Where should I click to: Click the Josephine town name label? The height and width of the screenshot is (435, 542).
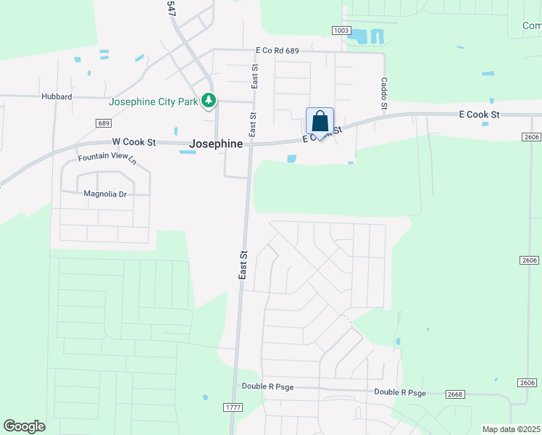pos(216,144)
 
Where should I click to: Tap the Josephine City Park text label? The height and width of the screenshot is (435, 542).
pos(153,101)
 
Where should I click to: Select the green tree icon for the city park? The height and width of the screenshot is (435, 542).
pos(209,100)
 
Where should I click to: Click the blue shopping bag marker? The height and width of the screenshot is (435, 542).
pos(320,121)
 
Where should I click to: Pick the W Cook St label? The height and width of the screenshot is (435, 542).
pos(134,143)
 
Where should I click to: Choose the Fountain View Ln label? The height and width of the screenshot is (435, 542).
pos(107,158)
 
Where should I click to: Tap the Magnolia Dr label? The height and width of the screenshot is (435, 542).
pos(105,194)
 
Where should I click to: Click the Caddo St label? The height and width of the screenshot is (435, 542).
pos(385,94)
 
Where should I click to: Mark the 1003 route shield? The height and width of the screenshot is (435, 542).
pos(342,30)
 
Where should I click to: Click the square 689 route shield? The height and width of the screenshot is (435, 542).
pos(101,123)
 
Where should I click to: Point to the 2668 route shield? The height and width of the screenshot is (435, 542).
pos(454,394)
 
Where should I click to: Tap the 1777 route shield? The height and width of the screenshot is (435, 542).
pos(233,407)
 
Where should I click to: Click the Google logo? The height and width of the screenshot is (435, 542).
pos(24,426)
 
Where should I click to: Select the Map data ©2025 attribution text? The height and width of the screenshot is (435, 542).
pos(512,429)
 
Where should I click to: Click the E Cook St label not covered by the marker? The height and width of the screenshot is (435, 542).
pos(479,115)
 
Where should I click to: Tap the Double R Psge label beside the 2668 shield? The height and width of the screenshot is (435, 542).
pos(400,392)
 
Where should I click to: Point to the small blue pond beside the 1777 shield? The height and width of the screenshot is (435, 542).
pos(206,397)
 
